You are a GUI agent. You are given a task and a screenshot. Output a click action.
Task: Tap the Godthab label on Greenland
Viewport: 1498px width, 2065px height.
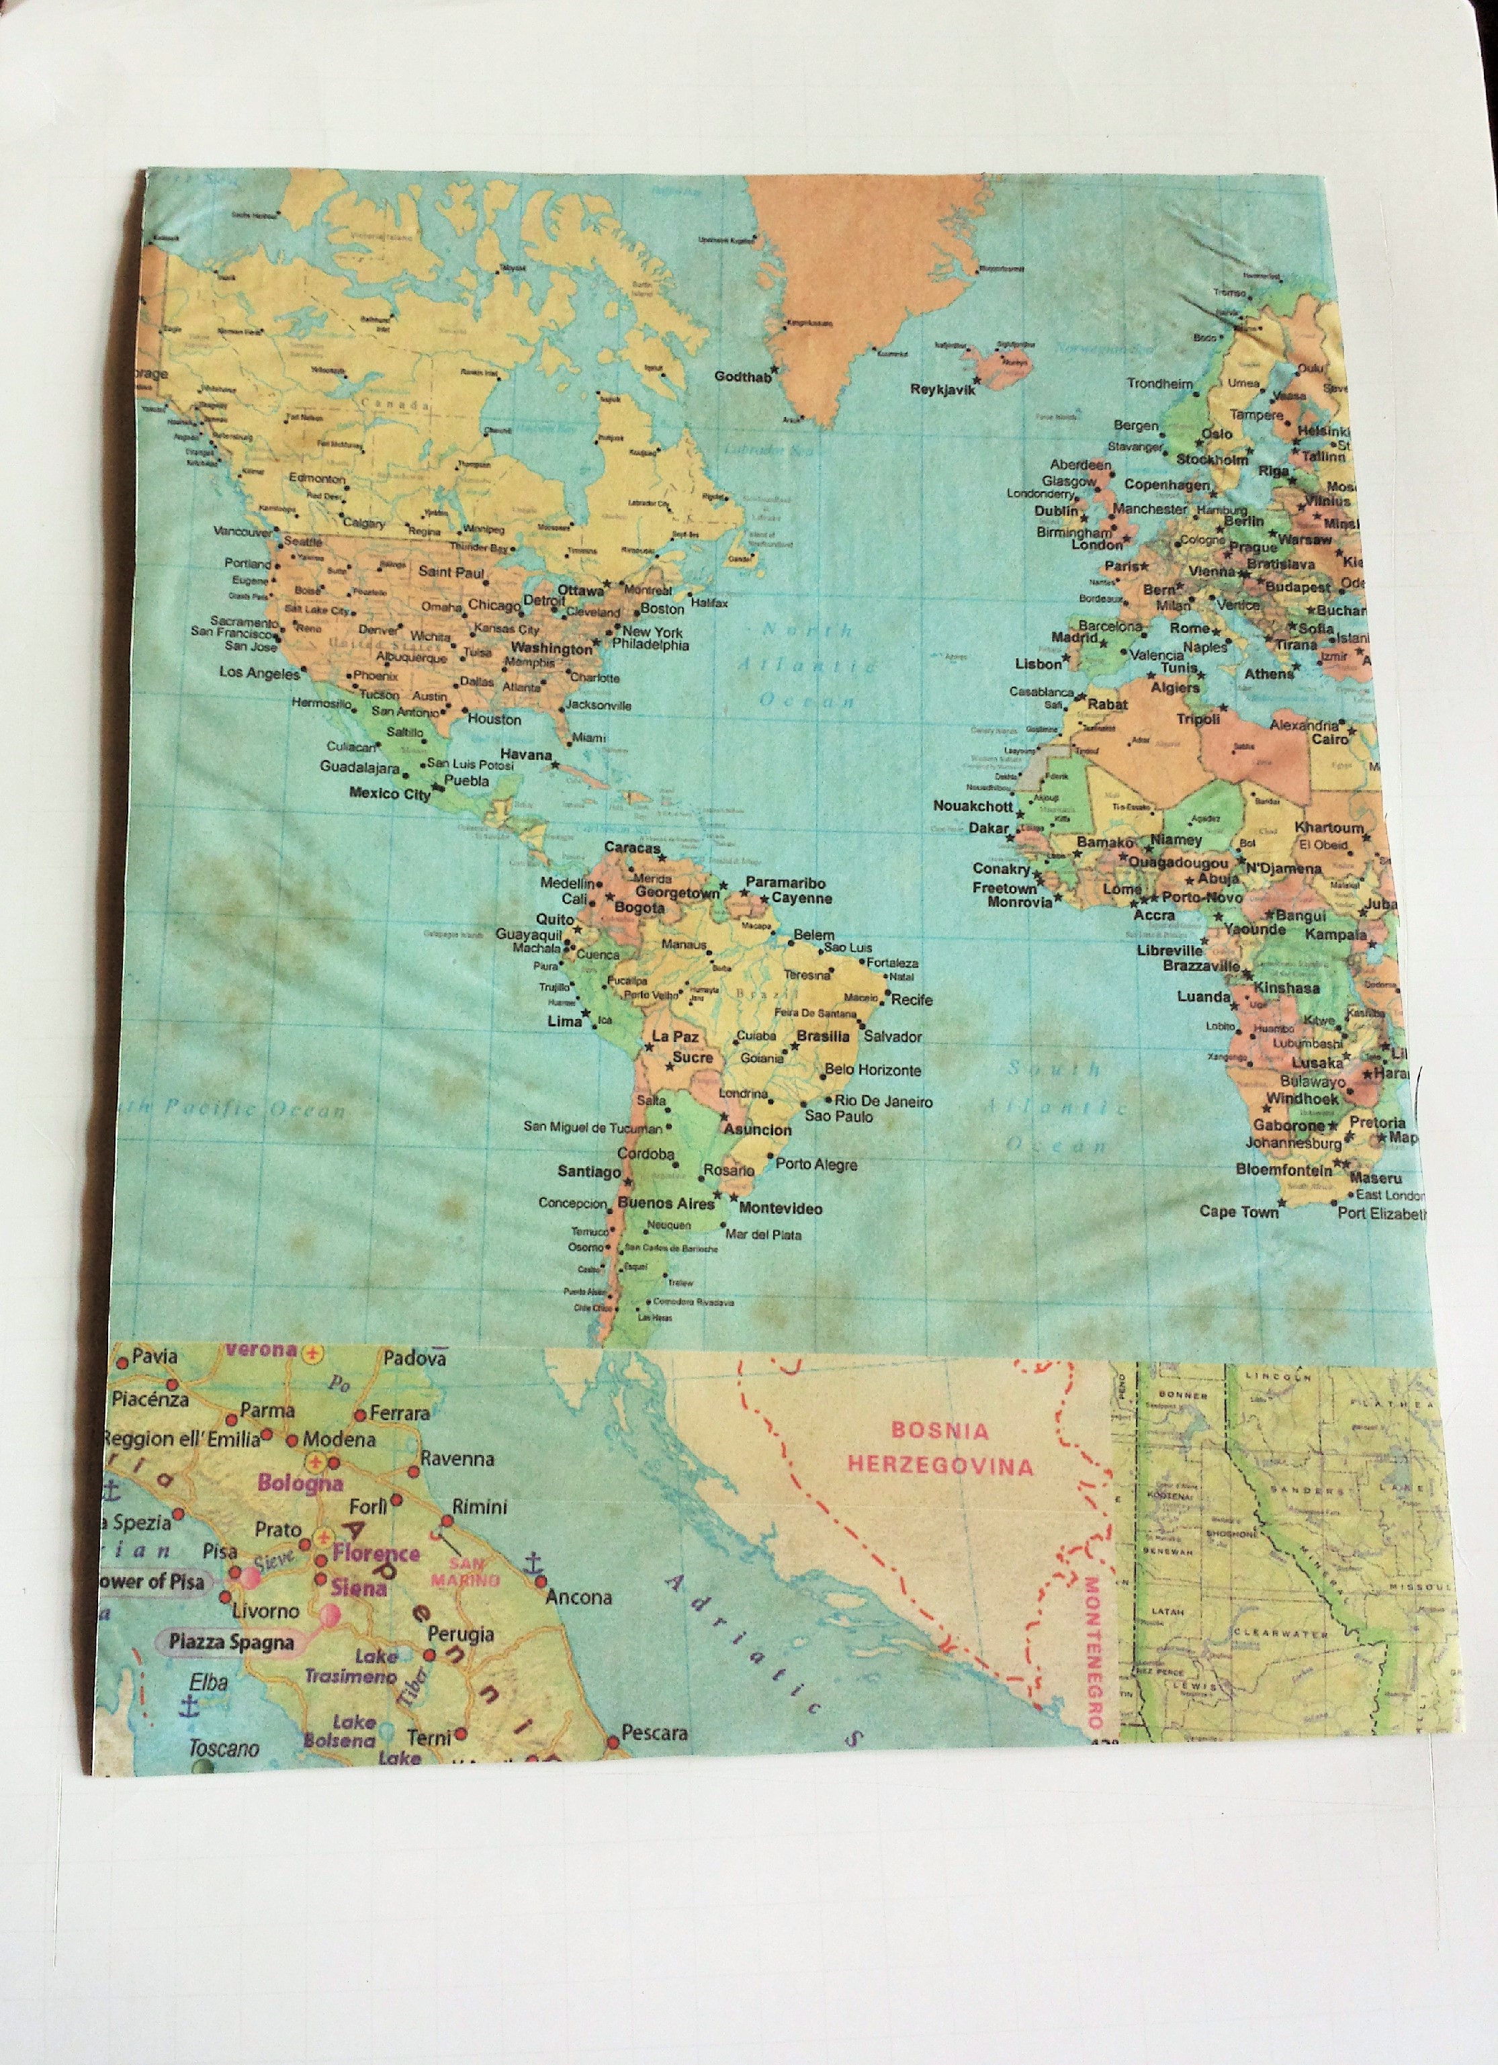point(742,376)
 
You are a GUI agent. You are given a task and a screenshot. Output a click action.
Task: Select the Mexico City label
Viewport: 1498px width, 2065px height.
point(389,793)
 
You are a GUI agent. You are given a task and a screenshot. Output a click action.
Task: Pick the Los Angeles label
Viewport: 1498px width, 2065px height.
point(259,673)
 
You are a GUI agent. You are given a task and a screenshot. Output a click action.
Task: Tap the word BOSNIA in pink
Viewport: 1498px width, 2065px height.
point(940,1430)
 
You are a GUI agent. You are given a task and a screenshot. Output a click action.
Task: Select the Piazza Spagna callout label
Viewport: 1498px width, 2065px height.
point(230,1642)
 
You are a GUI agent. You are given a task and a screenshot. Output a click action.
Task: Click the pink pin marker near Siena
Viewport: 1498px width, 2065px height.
point(330,1615)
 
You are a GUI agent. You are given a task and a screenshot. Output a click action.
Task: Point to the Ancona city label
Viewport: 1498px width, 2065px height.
point(578,1596)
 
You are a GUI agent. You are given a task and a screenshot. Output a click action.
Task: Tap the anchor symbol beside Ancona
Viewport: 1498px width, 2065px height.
point(535,1563)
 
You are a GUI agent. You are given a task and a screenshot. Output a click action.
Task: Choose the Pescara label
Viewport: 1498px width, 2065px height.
point(653,1732)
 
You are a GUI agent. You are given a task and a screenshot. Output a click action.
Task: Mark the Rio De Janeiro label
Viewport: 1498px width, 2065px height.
point(883,1101)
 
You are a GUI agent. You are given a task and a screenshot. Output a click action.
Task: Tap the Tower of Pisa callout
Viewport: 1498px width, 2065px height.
point(150,1581)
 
